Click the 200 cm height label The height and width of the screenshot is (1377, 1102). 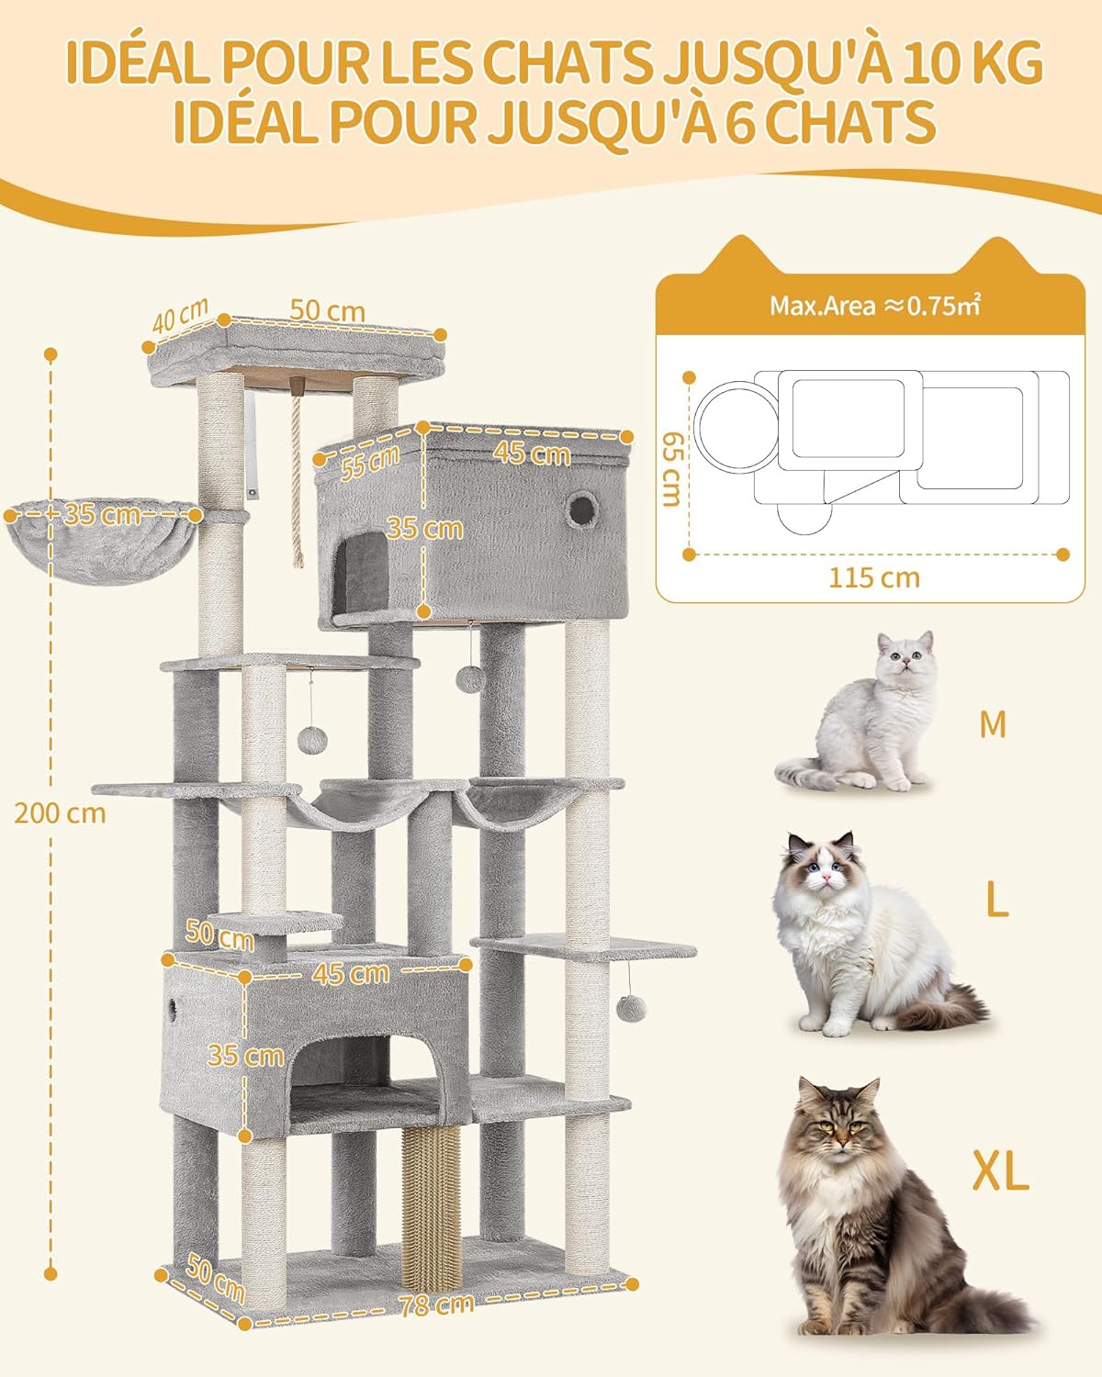[x=60, y=813]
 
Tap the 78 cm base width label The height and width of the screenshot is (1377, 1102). [x=436, y=1304]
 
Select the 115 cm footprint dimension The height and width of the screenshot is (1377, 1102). [x=873, y=578]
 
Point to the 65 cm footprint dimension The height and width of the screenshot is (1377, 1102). [x=672, y=468]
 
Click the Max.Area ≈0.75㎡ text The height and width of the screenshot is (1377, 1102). [x=874, y=306]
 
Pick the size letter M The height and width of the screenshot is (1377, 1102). [x=993, y=724]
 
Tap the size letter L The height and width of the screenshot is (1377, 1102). [x=996, y=901]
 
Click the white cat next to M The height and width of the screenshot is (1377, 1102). [x=859, y=716]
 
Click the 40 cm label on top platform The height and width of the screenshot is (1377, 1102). [x=181, y=316]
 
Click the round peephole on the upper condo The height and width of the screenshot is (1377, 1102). [x=579, y=509]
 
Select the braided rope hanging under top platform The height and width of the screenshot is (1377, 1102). [x=296, y=477]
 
